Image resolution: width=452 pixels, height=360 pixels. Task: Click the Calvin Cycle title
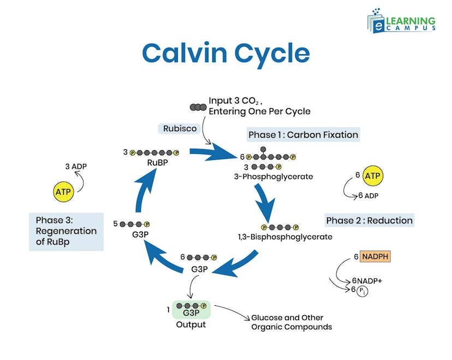pos(225,54)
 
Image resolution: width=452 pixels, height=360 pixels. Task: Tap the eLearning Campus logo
pos(401,21)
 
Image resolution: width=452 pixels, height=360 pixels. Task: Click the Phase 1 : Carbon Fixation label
pos(303,134)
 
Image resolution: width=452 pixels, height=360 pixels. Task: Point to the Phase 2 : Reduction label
pos(369,220)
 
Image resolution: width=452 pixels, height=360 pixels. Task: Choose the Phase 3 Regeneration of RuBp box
pos(66,231)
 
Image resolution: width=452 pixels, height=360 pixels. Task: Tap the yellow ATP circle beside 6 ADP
pos(372,176)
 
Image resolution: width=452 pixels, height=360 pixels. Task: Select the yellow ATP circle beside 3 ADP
pos(63,192)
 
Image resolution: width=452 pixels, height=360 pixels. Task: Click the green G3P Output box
pos(191,310)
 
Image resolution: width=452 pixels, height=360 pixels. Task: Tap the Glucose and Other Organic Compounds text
pos(291,322)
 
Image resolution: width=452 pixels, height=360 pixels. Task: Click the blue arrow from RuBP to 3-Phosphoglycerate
pos(210,151)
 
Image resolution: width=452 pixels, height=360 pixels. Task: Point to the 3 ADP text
pos(76,167)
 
